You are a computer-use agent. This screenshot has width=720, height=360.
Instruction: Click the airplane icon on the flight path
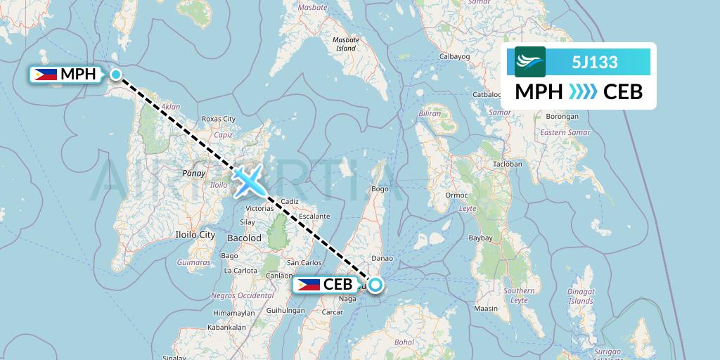(x=247, y=180)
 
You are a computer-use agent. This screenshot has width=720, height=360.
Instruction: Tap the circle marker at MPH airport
(x=116, y=74)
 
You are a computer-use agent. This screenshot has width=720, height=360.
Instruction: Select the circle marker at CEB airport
(x=375, y=285)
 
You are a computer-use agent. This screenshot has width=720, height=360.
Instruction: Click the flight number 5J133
(x=594, y=63)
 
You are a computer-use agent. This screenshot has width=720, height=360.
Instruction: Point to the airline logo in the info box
(x=529, y=63)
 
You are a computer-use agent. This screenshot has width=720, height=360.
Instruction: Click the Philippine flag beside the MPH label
(x=46, y=74)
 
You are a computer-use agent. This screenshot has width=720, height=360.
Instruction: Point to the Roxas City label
(x=218, y=120)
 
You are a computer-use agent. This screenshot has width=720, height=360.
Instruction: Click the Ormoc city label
(x=456, y=195)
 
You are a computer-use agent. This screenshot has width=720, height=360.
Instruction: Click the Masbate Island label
(x=346, y=44)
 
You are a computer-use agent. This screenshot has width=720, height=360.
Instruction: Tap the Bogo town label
(x=380, y=188)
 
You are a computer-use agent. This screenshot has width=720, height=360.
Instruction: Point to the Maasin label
(x=486, y=308)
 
